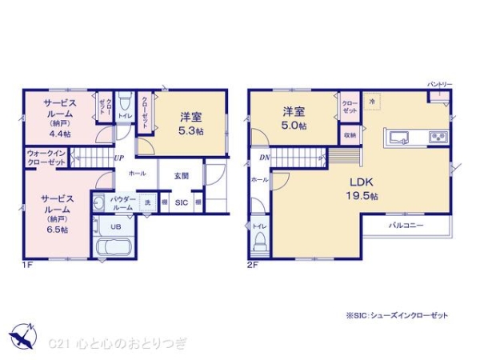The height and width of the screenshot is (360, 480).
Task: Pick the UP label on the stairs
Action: (x=118, y=158)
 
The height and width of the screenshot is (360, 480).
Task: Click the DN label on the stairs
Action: (x=264, y=158)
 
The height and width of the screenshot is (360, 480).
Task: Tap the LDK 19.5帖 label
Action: (x=362, y=189)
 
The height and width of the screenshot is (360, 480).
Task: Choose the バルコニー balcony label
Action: (x=406, y=226)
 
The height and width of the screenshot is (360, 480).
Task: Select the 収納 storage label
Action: (x=350, y=136)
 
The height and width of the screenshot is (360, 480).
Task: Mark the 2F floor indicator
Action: (x=250, y=263)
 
